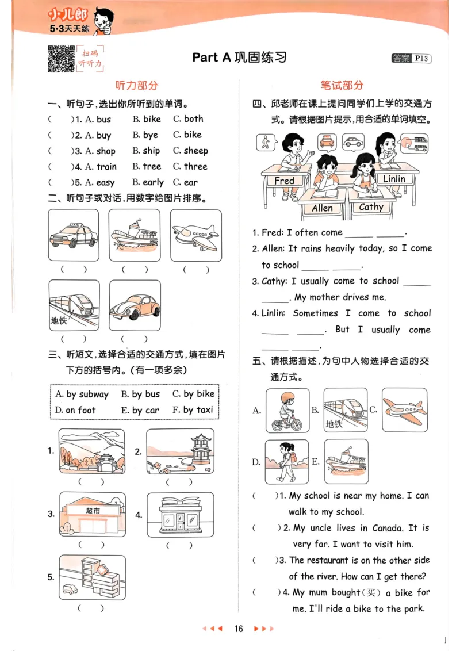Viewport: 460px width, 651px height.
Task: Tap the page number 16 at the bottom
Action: pyautogui.click(x=239, y=629)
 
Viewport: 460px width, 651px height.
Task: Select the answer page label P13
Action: pyautogui.click(x=421, y=58)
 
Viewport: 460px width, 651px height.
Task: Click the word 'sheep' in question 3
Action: pyautogui.click(x=195, y=151)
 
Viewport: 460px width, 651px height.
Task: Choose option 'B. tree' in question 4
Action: pyautogui.click(x=147, y=167)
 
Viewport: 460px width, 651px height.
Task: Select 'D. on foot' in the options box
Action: pyautogui.click(x=75, y=410)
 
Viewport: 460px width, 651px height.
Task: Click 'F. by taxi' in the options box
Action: pyautogui.click(x=193, y=410)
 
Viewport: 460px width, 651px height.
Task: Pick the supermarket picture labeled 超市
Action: pyautogui.click(x=92, y=514)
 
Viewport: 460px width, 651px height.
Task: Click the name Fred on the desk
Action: pyautogui.click(x=284, y=181)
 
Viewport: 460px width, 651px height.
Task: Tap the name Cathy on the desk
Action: pyautogui.click(x=371, y=207)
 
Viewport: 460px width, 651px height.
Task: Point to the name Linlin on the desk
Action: pyautogui.click(x=394, y=179)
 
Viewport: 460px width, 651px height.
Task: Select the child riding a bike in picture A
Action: pyautogui.click(x=287, y=410)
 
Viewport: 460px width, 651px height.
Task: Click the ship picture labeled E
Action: pyautogui.click(x=346, y=461)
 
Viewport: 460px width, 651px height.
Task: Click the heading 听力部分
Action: pyautogui.click(x=136, y=85)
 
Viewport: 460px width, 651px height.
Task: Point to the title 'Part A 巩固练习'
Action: pyautogui.click(x=239, y=58)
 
